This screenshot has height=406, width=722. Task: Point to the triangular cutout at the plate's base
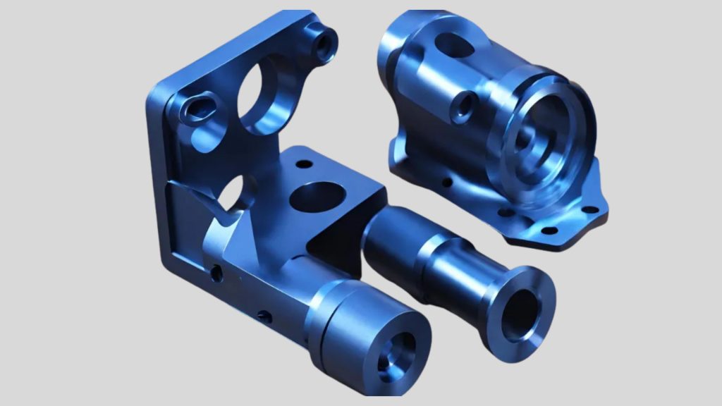pyautogui.click(x=236, y=193)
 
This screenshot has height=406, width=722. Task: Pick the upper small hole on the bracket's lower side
pyautogui.click(x=217, y=271)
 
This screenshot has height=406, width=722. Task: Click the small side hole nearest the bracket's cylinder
pyautogui.click(x=264, y=316)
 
